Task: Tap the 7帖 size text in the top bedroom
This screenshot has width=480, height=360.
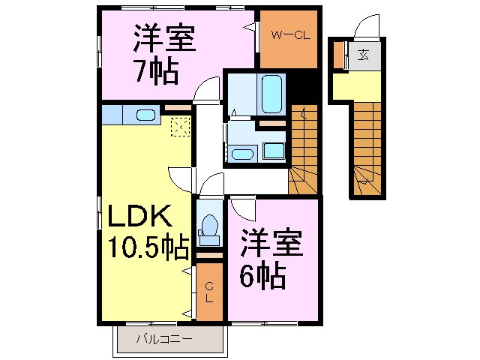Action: tap(155, 72)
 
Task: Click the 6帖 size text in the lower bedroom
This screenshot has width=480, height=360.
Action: tap(262, 277)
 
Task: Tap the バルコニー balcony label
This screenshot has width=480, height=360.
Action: tap(163, 339)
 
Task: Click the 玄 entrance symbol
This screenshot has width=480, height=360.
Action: tap(363, 55)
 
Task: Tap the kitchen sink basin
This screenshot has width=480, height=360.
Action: tap(146, 115)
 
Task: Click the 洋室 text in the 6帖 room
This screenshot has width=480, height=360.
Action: tap(271, 244)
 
